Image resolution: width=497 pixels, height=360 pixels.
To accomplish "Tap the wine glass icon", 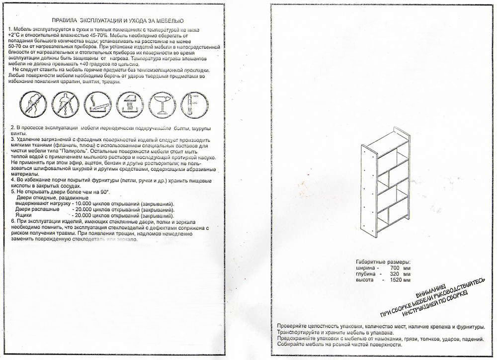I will (x=161, y=105).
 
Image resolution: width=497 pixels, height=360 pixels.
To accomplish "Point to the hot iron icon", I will (x=128, y=105).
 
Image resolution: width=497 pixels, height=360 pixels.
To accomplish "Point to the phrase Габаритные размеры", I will (x=383, y=262).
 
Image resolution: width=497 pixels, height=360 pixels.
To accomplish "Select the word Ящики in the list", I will (x=25, y=215).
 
